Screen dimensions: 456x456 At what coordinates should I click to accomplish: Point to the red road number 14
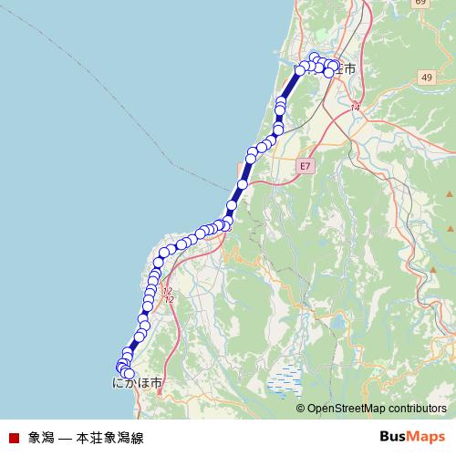(355, 109)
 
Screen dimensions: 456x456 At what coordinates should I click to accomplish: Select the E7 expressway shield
(305, 166)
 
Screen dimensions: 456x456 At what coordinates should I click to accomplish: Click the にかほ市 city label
(138, 384)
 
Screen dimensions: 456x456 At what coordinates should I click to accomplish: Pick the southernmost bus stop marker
(129, 374)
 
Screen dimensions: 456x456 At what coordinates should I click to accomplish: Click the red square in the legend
(13, 438)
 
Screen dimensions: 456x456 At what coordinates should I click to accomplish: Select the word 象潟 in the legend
(41, 438)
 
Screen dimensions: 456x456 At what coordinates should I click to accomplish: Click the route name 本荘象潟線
(110, 438)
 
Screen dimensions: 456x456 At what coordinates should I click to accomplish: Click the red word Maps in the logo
(426, 438)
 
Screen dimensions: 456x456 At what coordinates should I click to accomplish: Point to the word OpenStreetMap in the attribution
(348, 409)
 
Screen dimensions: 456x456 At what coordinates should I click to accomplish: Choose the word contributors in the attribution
(419, 409)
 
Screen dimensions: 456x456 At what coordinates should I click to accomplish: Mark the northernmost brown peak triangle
(449, 195)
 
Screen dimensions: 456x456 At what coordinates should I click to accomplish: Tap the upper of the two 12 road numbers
(167, 291)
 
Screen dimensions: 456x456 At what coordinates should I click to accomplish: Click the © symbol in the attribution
(301, 409)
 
